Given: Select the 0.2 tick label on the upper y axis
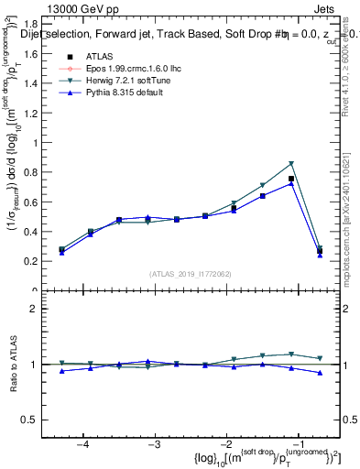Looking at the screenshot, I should pos(38,261).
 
